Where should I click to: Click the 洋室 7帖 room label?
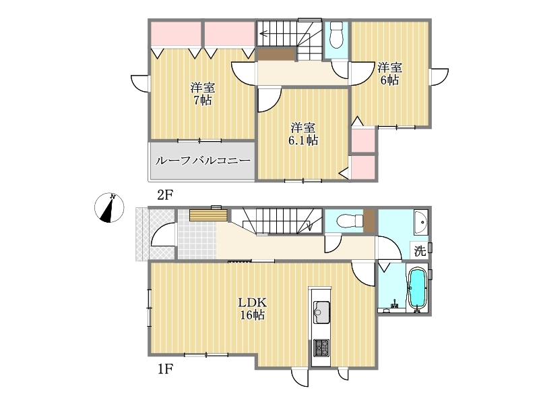203,94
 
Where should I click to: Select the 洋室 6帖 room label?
389,74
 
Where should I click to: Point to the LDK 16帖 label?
252,309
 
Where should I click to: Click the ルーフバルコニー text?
203,161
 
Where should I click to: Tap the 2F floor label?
164,195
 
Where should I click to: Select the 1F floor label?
164,369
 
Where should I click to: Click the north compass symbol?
109,207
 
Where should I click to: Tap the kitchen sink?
321,313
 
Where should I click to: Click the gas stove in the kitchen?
321,348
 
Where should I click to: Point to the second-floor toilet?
336,35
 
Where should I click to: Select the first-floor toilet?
350,221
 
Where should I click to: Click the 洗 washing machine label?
420,251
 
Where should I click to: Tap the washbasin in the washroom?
420,222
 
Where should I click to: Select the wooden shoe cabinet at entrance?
208,215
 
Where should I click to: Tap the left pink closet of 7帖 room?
176,34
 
